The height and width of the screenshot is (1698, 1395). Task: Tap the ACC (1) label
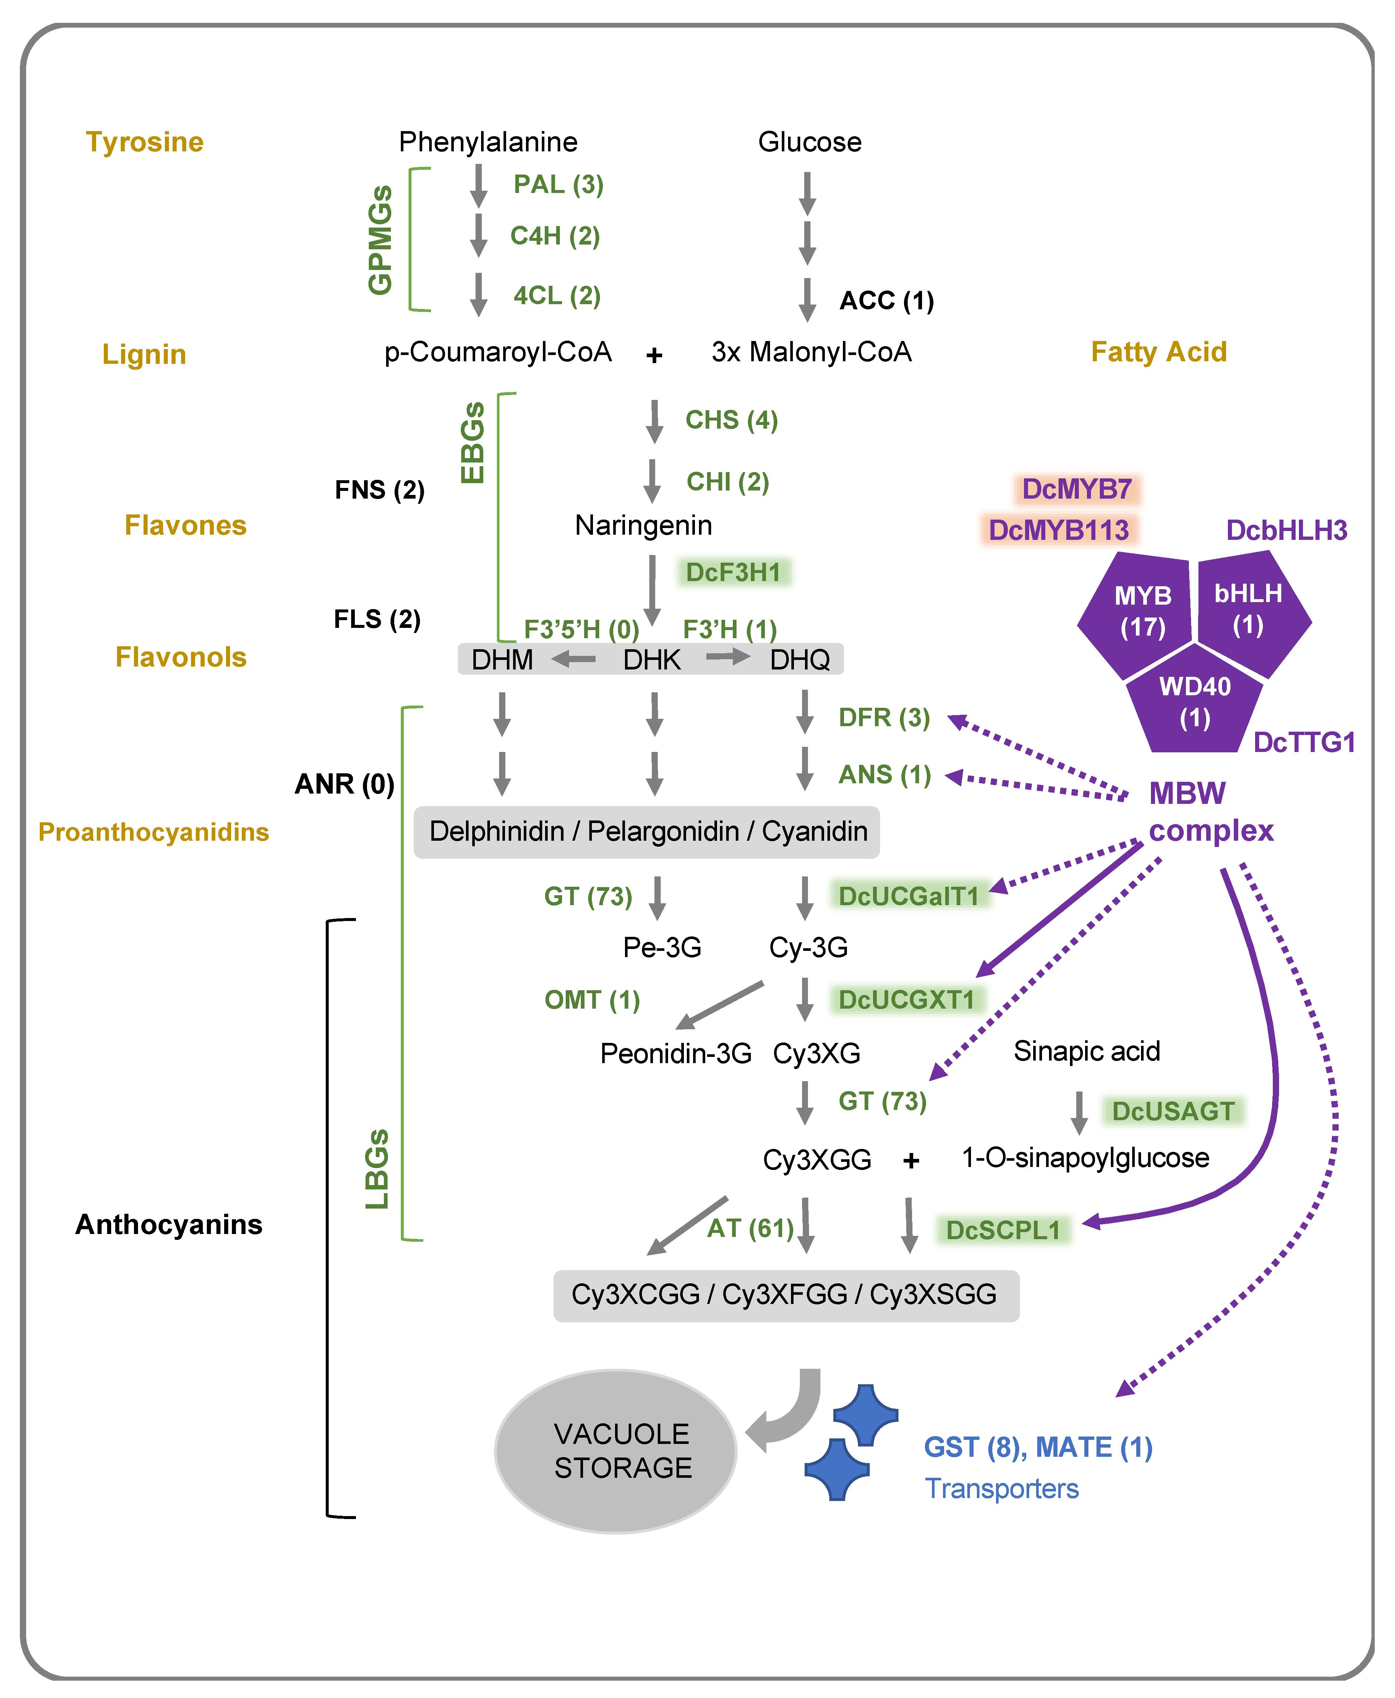(886, 301)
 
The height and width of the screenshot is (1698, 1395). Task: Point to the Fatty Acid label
(1158, 352)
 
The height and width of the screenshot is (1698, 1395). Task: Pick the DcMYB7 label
(1077, 489)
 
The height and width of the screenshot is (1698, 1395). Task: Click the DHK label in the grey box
(652, 660)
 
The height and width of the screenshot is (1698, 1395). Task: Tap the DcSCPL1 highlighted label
(1003, 1230)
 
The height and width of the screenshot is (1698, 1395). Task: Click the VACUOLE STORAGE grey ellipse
(615, 1451)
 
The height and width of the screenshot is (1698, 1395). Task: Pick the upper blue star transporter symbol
(865, 1415)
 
